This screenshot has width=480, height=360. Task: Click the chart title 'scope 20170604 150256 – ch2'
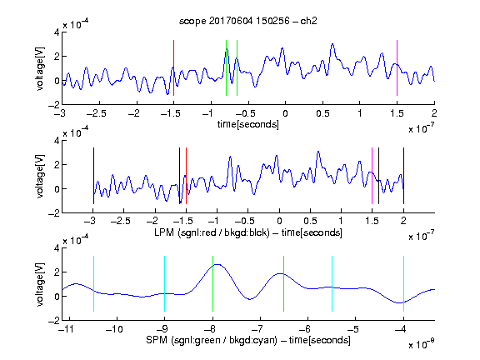coord(248,21)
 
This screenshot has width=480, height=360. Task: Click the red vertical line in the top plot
coord(173,67)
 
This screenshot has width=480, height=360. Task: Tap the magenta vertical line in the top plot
coord(397,67)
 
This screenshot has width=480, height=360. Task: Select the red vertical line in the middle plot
coord(186,176)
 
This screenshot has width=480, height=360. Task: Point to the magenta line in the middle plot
coord(372,176)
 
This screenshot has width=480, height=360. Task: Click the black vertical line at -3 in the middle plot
coord(93,176)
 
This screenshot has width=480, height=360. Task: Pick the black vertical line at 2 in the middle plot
coord(403,176)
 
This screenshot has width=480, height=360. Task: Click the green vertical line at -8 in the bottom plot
coord(212,284)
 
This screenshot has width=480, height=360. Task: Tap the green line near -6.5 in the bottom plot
coord(284,284)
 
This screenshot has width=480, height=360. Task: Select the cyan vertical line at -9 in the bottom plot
coord(164,284)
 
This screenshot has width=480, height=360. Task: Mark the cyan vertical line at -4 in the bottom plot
coord(403,284)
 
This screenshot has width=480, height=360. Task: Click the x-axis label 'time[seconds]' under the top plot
coord(248,124)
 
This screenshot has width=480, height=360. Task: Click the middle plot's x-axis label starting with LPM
coord(248,232)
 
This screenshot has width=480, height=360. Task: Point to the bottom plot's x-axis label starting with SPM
coord(248,340)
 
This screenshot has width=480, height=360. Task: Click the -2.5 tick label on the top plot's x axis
coord(97,113)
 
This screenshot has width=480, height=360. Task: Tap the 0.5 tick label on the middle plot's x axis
coord(310,221)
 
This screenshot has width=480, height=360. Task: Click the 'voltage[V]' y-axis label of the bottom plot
coord(40,284)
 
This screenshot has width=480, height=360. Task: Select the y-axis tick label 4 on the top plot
coord(57,32)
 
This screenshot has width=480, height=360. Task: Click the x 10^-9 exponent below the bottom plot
coord(422,345)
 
